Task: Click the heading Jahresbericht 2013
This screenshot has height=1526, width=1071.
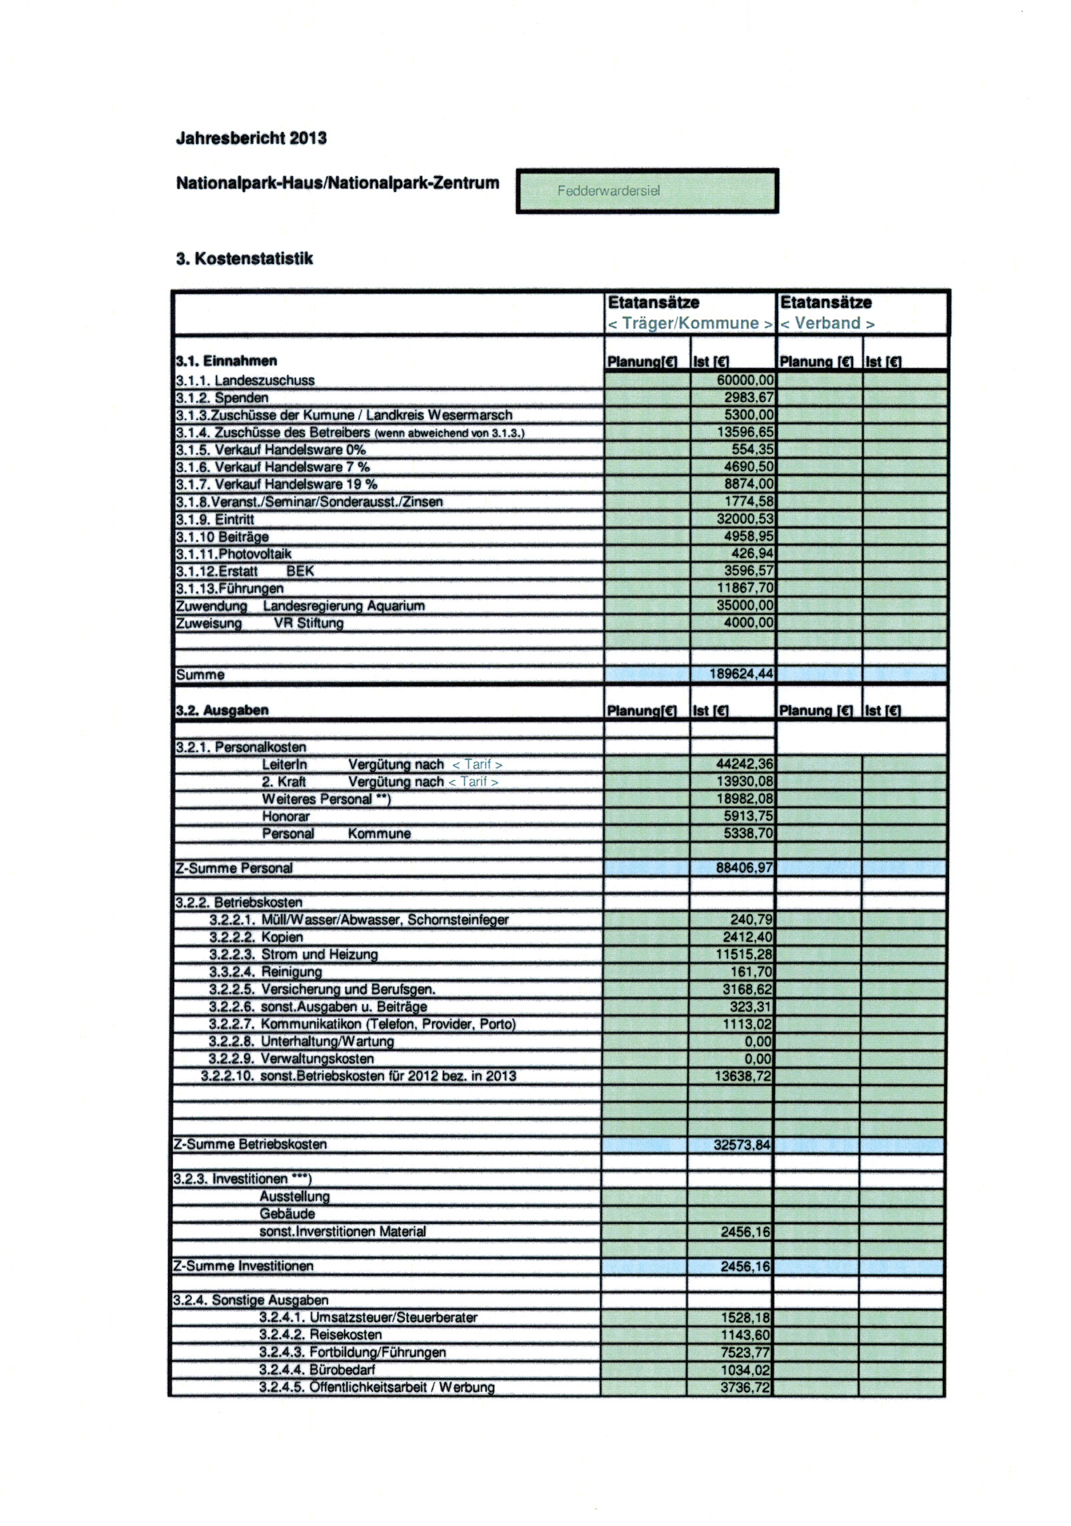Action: (251, 138)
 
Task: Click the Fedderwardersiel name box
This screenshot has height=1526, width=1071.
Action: (647, 191)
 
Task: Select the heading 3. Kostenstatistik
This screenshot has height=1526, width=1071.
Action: (244, 259)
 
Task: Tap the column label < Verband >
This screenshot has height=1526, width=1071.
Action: (827, 323)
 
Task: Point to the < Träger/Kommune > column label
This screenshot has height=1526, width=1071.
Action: (690, 323)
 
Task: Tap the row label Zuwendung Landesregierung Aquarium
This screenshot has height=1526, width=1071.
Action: (300, 606)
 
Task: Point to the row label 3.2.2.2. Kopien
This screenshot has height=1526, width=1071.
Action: (256, 937)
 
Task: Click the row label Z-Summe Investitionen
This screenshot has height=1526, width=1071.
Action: (243, 1266)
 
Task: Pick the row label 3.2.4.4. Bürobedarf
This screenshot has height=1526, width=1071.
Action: (317, 1370)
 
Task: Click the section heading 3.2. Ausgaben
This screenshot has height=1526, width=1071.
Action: (222, 710)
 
